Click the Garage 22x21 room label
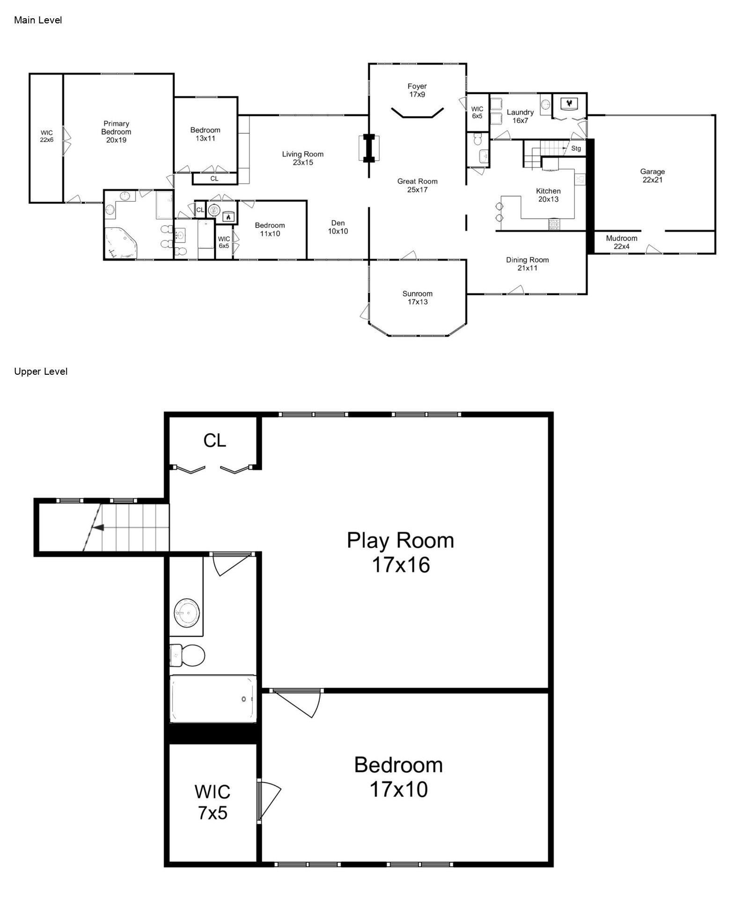(652, 175)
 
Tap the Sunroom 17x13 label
(417, 298)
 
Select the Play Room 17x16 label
(400, 553)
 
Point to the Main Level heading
(38, 20)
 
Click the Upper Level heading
(41, 371)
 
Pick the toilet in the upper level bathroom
(187, 655)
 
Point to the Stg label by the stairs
(576, 148)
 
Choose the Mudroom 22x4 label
(622, 242)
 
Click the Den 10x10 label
(338, 227)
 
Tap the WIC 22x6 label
(46, 136)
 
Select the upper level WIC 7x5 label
(213, 802)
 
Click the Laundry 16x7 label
(520, 116)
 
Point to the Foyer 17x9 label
(417, 90)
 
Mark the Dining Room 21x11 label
(528, 264)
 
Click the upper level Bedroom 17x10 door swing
(296, 703)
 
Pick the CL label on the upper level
(215, 440)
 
